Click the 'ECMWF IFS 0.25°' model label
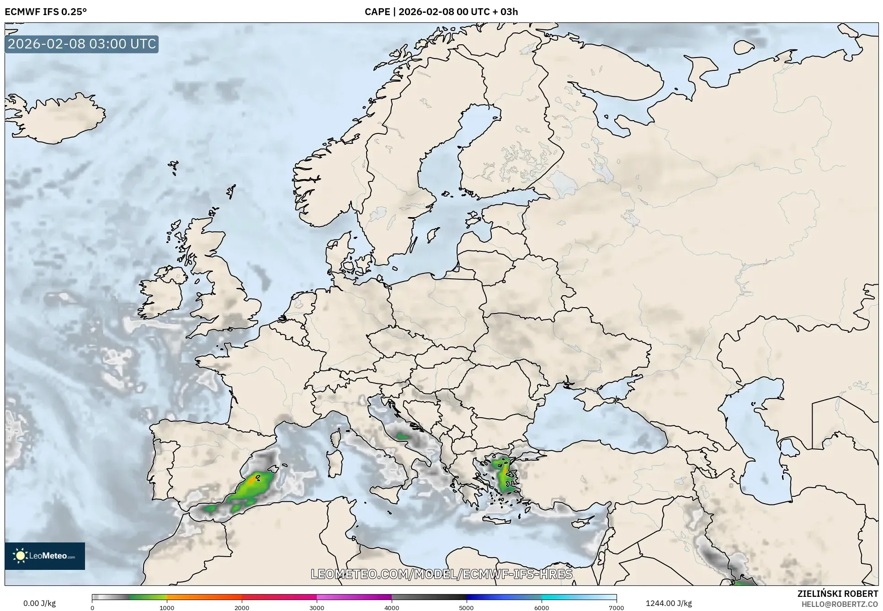[46, 12]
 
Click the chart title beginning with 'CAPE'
[441, 12]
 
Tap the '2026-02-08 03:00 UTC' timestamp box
[82, 44]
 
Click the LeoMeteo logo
[45, 556]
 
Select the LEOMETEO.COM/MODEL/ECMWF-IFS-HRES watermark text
[441, 574]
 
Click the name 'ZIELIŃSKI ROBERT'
[838, 594]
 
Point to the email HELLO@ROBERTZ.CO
[840, 604]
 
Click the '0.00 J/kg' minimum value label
[40, 603]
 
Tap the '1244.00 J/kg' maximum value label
[669, 603]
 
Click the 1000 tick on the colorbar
[167, 607]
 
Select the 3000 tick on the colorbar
[317, 607]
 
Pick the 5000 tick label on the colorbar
[466, 607]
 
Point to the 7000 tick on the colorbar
[616, 607]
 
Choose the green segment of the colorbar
[146, 597]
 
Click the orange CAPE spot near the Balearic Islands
[251, 481]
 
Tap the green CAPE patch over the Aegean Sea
[505, 478]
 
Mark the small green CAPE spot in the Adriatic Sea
[402, 436]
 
